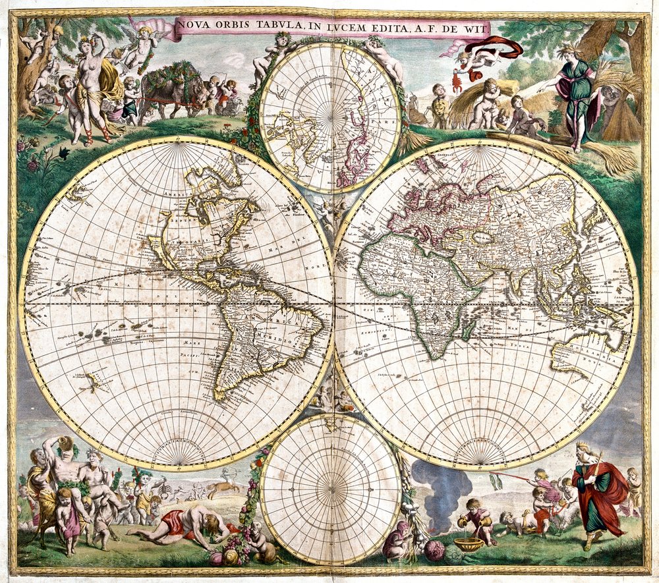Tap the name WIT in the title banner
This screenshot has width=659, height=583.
(475, 28)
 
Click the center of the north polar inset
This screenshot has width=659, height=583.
(330, 119)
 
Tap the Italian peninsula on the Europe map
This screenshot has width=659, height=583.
(429, 217)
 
